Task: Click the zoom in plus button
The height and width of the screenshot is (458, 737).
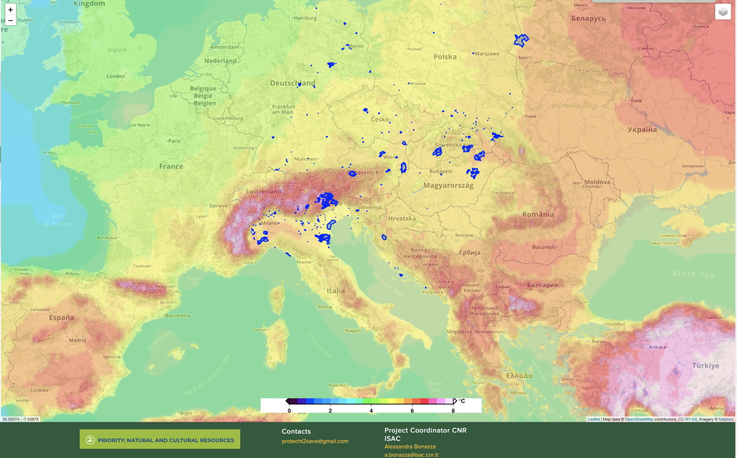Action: (x=10, y=10)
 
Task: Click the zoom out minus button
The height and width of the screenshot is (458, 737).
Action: (x=10, y=20)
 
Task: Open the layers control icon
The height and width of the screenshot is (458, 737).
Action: (x=723, y=12)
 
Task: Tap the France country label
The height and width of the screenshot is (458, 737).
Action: (x=171, y=167)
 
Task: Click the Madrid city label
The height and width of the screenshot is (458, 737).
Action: (x=77, y=341)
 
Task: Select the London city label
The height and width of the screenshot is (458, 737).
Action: (x=115, y=76)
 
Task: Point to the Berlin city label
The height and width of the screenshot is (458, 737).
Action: (x=356, y=46)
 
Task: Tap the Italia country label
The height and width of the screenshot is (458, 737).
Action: (x=336, y=291)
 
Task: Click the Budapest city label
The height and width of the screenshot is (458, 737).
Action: (x=441, y=172)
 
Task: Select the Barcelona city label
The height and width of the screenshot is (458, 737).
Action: (x=178, y=316)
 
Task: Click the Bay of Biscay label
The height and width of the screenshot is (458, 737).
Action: (x=57, y=220)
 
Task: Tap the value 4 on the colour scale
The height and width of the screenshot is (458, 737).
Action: (x=371, y=410)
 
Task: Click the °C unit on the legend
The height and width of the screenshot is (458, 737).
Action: (x=462, y=401)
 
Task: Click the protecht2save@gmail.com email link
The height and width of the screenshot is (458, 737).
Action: (x=314, y=441)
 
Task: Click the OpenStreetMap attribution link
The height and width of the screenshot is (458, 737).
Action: (x=639, y=419)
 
